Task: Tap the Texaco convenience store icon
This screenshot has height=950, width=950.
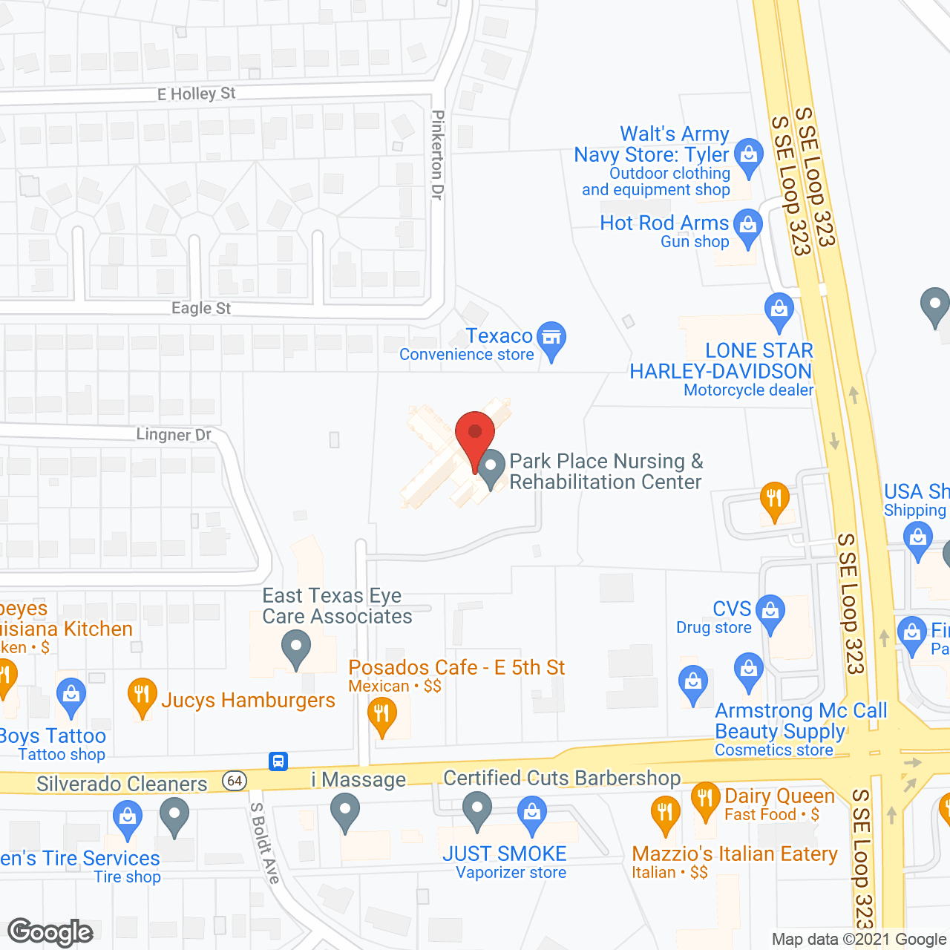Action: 551,339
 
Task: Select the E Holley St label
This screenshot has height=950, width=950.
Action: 196,94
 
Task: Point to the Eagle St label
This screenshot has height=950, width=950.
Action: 201,308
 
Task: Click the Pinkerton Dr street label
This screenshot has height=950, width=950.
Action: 438,155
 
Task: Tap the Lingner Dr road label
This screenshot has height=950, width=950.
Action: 174,434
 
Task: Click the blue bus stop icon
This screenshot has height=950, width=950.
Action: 278,761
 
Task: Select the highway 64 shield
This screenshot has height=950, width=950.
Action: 235,780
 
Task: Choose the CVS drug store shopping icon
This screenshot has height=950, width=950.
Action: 770,613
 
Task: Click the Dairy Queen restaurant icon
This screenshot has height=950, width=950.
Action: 705,799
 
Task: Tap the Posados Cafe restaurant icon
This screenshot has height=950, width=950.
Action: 382,716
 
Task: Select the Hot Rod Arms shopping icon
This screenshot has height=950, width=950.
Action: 747,226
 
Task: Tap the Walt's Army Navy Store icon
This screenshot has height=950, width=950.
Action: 749,156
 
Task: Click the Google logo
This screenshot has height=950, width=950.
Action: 50,932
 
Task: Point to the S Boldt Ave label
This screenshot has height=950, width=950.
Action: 265,843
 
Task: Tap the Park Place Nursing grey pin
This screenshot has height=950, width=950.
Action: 491,469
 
